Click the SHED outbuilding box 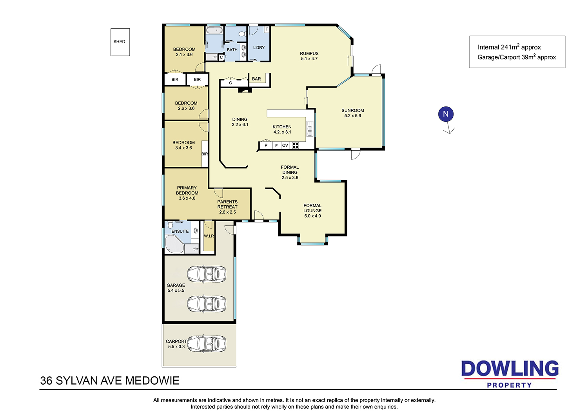point(120,42)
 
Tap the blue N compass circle point(446,114)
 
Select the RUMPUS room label point(309,54)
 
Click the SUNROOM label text point(352,111)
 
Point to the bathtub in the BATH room point(214,30)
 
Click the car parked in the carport point(207,344)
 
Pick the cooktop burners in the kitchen point(295,145)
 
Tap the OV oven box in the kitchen point(285,145)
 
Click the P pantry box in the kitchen point(266,145)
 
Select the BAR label point(256,79)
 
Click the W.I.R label point(209,236)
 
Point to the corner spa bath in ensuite point(174,244)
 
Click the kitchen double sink point(310,129)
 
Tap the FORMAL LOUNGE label point(312,208)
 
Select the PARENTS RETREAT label point(227,204)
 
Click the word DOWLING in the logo point(510,369)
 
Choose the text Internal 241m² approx point(509,47)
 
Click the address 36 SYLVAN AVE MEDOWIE point(110,381)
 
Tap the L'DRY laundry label point(259,47)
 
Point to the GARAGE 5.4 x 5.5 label point(176,288)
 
